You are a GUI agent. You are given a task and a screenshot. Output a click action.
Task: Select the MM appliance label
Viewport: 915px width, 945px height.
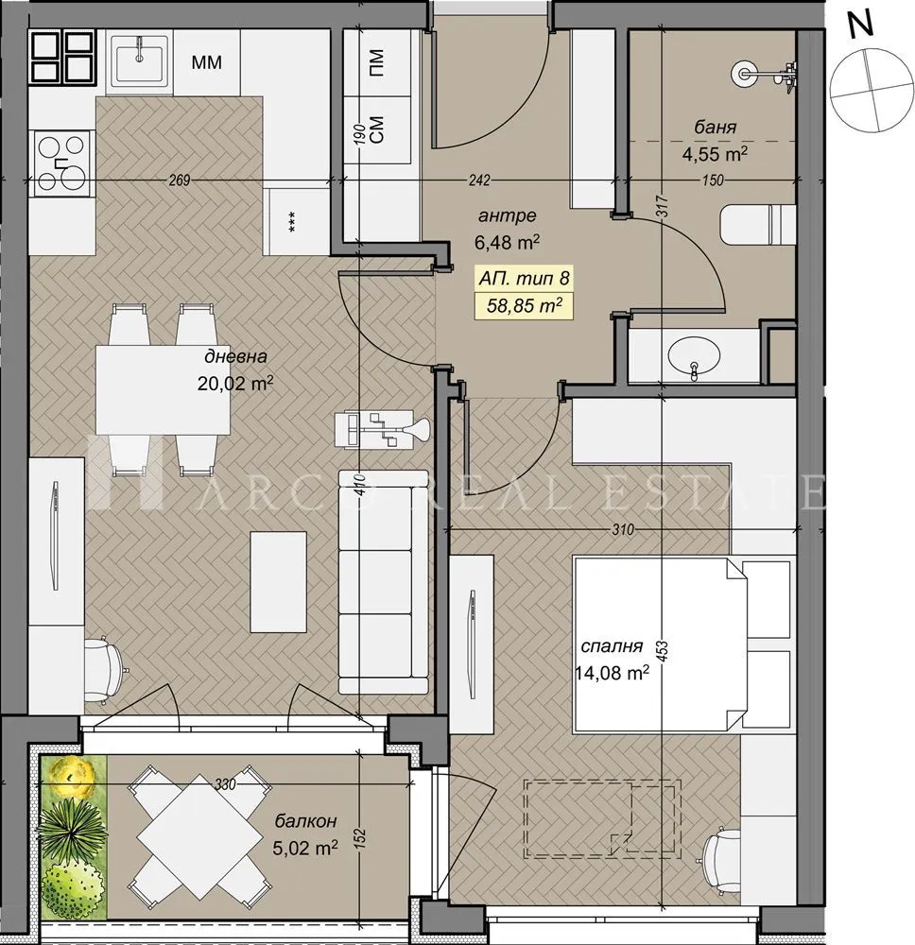pyautogui.click(x=206, y=63)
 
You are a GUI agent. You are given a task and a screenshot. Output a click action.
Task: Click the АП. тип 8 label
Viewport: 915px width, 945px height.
pyautogui.click(x=525, y=278)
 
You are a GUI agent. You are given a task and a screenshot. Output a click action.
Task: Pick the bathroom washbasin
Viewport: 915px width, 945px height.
pyautogui.click(x=694, y=357)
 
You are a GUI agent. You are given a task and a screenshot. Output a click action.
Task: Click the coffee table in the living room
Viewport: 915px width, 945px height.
pyautogui.click(x=278, y=582)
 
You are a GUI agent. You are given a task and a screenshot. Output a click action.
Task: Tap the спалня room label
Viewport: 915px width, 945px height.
pyautogui.click(x=612, y=648)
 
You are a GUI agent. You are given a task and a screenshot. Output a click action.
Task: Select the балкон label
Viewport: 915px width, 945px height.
pyautogui.click(x=304, y=822)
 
